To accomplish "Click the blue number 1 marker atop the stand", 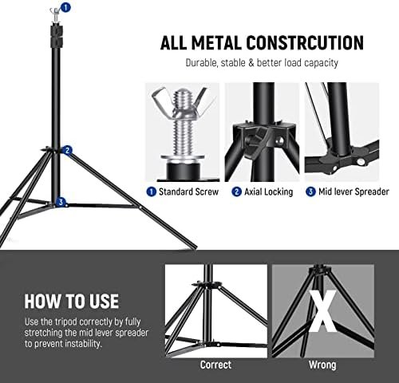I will click(x=65, y=6).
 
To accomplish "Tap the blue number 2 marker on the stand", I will click(x=68, y=150).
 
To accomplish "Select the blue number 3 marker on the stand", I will click(x=61, y=202).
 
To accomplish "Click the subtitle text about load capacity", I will click(x=262, y=62).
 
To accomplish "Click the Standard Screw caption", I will click(x=188, y=191).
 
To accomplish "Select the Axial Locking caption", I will click(x=268, y=191).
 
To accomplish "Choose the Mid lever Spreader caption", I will click(x=353, y=191).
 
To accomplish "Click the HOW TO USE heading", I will click(x=71, y=302).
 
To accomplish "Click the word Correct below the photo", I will click(x=215, y=365).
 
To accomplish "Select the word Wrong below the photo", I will click(x=322, y=365).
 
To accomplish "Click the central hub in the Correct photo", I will click(x=204, y=285).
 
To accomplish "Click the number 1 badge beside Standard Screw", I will click(x=151, y=191).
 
